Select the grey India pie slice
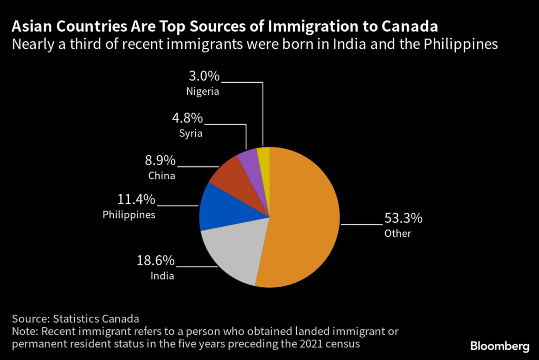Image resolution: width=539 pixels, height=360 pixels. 232,253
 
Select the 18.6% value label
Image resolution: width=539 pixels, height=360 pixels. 156,261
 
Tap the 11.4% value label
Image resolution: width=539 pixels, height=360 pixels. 136,199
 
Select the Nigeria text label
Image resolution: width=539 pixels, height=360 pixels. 203,91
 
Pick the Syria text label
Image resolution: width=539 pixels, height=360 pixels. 191,133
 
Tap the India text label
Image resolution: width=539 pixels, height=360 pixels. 163,276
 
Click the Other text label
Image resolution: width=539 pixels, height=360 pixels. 397,233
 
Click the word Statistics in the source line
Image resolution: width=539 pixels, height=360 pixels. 73,318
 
